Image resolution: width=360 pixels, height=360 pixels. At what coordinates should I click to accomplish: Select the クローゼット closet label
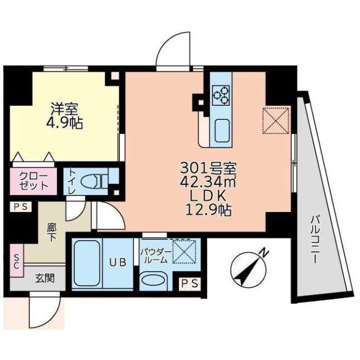pos(33,181)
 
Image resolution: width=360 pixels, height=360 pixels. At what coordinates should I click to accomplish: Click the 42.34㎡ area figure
pos(208,182)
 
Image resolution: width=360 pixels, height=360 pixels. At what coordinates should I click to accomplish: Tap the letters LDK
pos(208,196)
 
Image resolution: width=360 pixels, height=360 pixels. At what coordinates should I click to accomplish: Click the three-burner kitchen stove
pos(221,94)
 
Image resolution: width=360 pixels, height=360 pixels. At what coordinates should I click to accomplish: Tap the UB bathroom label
pos(116,262)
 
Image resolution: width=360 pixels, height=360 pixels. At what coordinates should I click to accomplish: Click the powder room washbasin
pos(153,280)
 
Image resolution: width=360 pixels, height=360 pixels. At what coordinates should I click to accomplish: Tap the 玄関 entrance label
pos(44,277)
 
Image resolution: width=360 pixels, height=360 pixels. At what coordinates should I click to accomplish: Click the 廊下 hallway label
pos(52,232)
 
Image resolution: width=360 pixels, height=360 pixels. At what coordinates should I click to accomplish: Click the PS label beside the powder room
pos(190,284)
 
